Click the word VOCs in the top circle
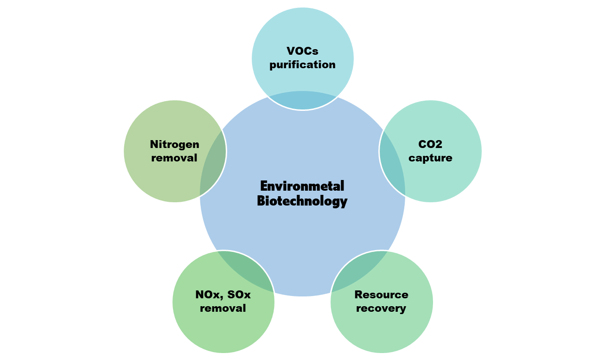[x=302, y=51]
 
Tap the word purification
[x=302, y=64]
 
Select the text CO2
[x=430, y=144]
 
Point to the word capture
[x=430, y=158]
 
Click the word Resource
[x=381, y=295]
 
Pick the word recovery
[x=381, y=309]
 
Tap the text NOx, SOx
[x=223, y=295]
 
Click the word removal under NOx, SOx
[x=223, y=309]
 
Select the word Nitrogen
[x=174, y=144]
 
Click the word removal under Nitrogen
[x=174, y=158]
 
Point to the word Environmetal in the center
[x=302, y=186]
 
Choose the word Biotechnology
[x=302, y=201]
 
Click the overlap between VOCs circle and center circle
[x=303, y=101]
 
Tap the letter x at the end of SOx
[x=247, y=295]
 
